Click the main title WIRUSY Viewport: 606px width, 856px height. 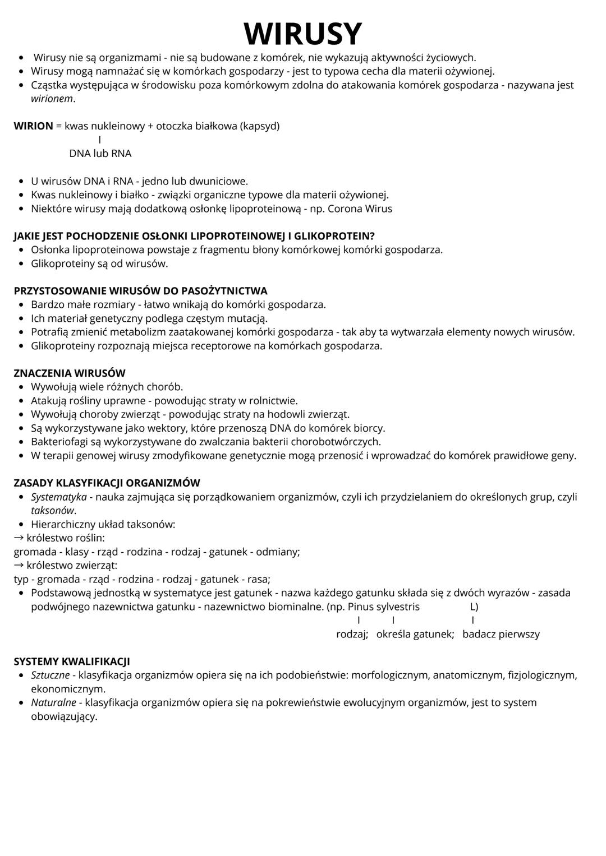pos(303,34)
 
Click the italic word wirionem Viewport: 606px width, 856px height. pos(52,99)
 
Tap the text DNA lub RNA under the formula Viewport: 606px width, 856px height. pos(100,154)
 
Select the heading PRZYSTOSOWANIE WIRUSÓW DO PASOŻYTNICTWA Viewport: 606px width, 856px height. pos(140,291)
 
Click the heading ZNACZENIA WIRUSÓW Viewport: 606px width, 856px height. pos(70,373)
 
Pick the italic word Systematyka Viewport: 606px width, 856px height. pos(59,497)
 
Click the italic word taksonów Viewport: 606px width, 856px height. pos(53,511)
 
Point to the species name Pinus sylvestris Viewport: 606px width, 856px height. pos(384,607)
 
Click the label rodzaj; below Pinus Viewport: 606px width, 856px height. pos(352,634)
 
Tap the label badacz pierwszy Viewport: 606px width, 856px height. pos(501,634)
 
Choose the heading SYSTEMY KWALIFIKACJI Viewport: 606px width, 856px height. pos(72,661)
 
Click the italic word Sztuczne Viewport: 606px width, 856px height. pos(50,675)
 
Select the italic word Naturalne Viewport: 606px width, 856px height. pos(53,702)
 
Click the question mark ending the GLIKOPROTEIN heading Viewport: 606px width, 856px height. pos(372,236)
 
